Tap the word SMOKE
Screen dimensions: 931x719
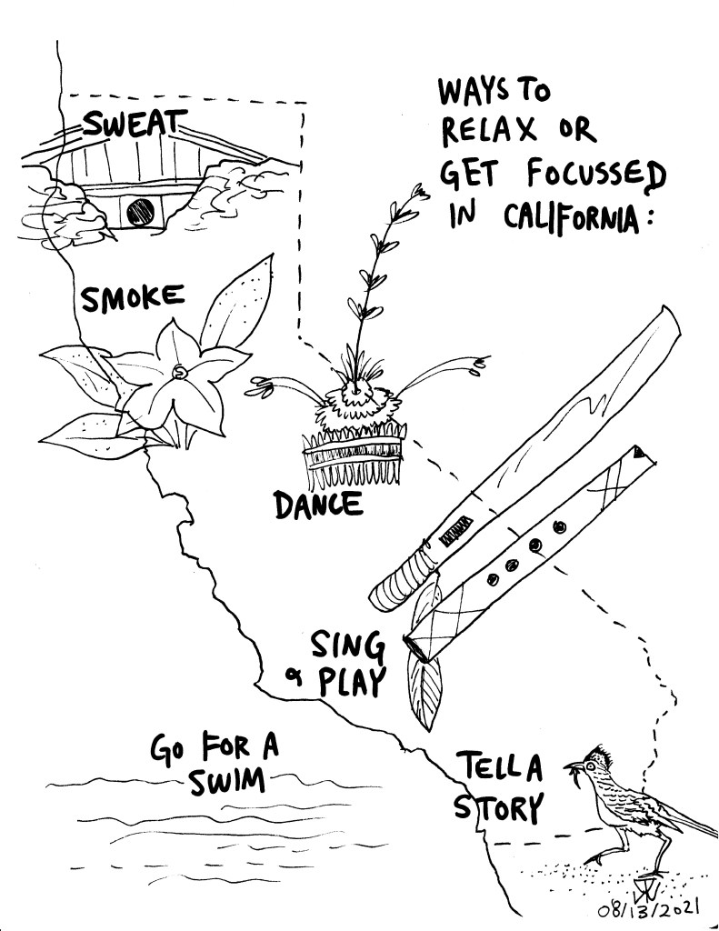pyautogui.click(x=133, y=298)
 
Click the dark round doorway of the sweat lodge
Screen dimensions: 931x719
pyautogui.click(x=139, y=213)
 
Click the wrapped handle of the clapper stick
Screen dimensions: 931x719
pyautogui.click(x=404, y=576)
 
